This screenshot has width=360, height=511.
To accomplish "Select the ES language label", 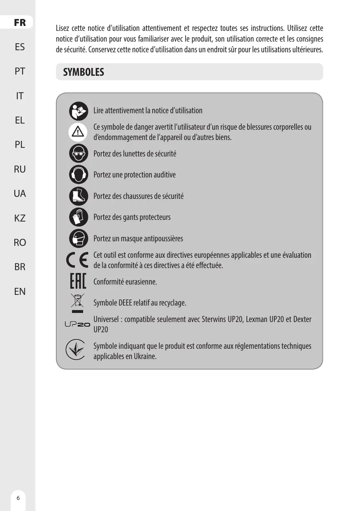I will (x=19, y=47).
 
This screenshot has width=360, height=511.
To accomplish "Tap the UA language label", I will (x=19, y=193).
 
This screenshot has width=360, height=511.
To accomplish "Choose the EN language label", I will (x=19, y=292).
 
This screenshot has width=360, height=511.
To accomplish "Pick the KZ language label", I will (x=19, y=218).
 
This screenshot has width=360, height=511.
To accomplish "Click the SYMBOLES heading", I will (x=84, y=72).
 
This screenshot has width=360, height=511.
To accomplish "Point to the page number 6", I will (x=18, y=497).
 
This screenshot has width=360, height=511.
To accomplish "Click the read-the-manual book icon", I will (x=79, y=111).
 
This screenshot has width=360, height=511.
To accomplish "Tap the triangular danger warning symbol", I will (x=79, y=132).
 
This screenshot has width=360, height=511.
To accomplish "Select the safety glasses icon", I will (x=79, y=153).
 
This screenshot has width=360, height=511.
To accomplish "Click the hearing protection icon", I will (x=79, y=175).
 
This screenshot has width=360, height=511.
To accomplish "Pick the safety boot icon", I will (x=79, y=196).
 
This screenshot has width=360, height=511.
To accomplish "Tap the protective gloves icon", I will (x=79, y=217).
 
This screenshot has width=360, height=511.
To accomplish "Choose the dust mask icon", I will (x=79, y=238).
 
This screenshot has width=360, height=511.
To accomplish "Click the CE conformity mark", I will (x=77, y=260).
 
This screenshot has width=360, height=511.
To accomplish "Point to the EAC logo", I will (x=77, y=282).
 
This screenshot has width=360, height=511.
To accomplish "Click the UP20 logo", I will (x=77, y=324).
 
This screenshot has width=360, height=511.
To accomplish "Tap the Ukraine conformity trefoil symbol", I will (x=76, y=350).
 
